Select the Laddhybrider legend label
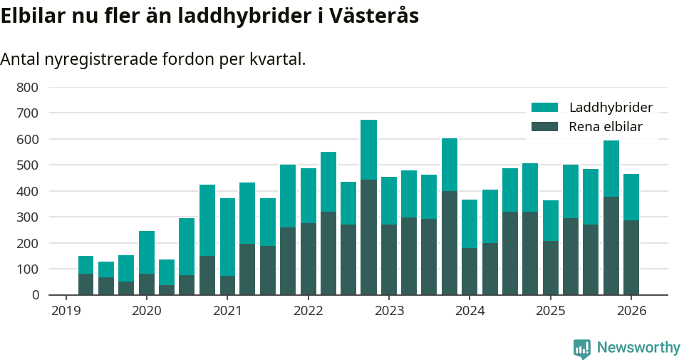tap(611, 108)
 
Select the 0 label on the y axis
tap(35, 295)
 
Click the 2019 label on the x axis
tap(66, 312)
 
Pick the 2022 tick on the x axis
tap(308, 312)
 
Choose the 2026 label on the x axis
tap(631, 312)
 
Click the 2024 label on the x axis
tap(470, 312)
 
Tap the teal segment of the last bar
tap(631, 197)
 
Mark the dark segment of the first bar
tap(85, 284)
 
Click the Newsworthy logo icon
tap(581, 348)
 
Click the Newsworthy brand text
tap(638, 348)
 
